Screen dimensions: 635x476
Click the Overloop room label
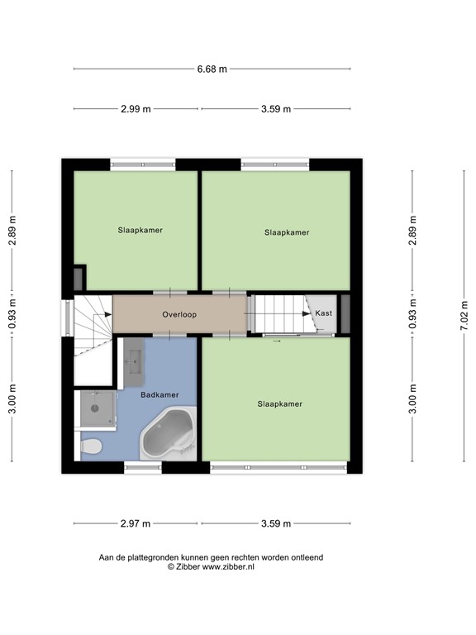(x=179, y=315)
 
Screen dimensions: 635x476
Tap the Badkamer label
(x=159, y=395)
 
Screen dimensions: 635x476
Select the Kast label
(x=323, y=314)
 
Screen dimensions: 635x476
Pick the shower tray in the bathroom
(x=97, y=408)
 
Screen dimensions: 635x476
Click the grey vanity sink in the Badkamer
(x=134, y=362)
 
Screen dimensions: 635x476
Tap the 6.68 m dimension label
(x=212, y=69)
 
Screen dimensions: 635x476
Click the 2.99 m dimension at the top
(x=136, y=109)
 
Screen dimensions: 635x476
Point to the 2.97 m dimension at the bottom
(x=136, y=523)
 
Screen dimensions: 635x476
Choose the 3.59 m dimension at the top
(x=275, y=109)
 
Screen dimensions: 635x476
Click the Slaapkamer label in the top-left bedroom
(x=140, y=230)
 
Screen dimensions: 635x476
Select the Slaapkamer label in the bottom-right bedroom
(x=279, y=404)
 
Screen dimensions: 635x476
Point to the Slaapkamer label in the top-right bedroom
(x=287, y=232)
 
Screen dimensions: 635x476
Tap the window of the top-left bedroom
(x=143, y=164)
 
